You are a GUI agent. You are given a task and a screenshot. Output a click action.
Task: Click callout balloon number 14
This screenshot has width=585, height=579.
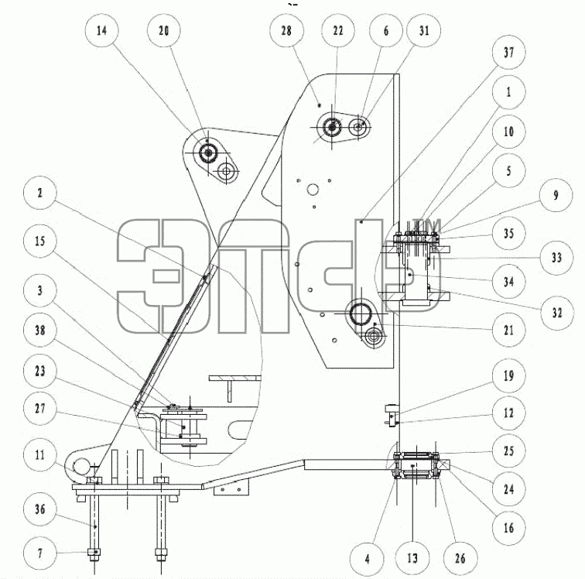101,30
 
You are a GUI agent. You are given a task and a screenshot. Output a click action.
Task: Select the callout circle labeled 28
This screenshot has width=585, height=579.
286,30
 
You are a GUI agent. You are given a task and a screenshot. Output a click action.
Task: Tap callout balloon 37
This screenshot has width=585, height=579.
509,53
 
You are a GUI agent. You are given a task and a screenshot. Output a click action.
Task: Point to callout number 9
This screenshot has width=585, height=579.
556,195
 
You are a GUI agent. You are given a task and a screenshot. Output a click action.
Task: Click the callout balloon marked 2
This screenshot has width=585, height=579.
40,193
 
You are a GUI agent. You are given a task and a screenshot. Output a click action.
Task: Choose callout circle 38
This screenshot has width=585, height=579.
40,330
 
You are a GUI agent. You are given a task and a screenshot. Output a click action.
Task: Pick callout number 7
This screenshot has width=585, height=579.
40,553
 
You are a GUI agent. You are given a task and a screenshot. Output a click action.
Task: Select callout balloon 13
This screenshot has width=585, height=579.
412,558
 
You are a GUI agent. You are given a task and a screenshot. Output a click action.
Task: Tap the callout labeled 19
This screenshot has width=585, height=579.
509,375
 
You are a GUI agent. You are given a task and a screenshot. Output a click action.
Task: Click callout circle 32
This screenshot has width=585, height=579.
557,313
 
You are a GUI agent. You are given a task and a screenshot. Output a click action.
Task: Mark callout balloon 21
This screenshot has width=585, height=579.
509,330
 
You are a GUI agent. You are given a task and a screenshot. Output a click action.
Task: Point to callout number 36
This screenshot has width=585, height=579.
40,509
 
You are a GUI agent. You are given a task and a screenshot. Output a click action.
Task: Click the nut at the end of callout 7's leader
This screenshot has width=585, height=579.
94,552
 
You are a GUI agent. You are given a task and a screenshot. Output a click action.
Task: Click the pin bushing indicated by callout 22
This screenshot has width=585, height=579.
331,127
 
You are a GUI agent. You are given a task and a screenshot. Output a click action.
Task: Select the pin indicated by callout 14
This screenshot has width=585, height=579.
207,152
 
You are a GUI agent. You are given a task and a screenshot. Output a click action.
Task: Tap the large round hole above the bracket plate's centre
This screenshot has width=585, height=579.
313,190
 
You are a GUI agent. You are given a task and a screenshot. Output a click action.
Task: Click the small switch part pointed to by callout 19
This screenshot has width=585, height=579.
391,415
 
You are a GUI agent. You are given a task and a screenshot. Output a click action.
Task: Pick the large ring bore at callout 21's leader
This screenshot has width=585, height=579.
361,312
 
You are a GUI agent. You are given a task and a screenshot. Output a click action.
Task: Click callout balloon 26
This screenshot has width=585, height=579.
460,558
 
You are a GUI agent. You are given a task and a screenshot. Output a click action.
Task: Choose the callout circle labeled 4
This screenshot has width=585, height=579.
367,558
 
